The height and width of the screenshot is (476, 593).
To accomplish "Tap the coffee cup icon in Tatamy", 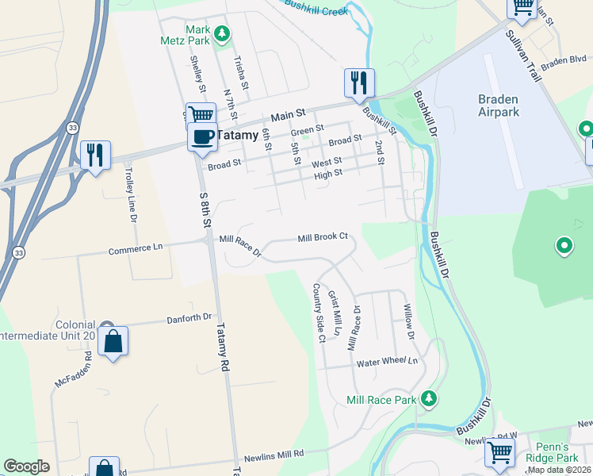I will pyautogui.click(x=202, y=136).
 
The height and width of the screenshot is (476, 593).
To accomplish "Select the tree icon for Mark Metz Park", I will pyautogui.click(x=224, y=33).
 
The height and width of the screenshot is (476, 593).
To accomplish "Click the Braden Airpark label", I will pyautogui.click(x=498, y=106).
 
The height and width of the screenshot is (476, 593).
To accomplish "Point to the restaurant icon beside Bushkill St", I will pyautogui.click(x=358, y=83).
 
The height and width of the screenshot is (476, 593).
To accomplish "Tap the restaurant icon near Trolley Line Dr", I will pyautogui.click(x=95, y=154).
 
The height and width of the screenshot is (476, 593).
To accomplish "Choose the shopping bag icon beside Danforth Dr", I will pyautogui.click(x=113, y=341).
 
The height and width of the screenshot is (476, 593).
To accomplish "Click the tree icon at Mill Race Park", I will pyautogui.click(x=428, y=397).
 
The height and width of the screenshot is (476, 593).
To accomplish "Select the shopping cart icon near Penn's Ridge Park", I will pyautogui.click(x=499, y=452).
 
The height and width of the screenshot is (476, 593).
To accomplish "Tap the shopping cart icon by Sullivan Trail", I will pyautogui.click(x=522, y=7).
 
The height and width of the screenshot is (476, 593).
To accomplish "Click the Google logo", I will pyautogui.click(x=26, y=466).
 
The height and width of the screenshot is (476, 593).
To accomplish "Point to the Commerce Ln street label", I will pyautogui.click(x=135, y=248).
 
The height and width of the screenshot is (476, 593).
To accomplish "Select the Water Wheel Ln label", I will pyautogui.click(x=387, y=362).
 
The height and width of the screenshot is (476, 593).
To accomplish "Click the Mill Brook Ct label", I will pyautogui.click(x=323, y=237).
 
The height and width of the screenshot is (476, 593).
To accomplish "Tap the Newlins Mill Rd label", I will pyautogui.click(x=274, y=454).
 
